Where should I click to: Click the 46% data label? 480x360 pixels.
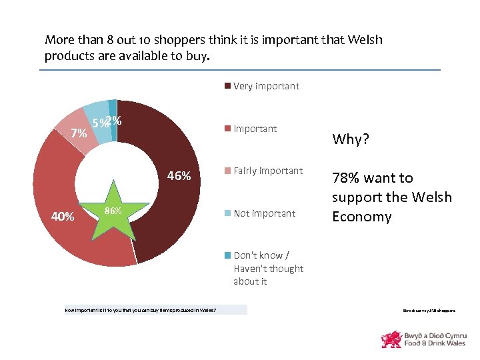coord(179,176)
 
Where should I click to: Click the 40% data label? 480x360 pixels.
coord(63,216)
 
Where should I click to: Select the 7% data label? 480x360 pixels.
coord(79,133)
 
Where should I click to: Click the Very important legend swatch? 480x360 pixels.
coord(227,86)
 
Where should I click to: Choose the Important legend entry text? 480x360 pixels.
coord(255,129)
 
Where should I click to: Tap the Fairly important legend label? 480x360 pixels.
coord(268,171)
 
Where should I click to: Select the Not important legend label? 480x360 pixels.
coord(264,213)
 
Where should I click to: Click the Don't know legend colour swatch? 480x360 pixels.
coord(227,255)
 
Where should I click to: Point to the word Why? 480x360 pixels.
coord(351,139)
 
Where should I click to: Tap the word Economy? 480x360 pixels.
coord(361,217)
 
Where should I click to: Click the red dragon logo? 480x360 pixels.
coord(391,339)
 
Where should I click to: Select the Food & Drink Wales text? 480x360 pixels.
coord(436,343)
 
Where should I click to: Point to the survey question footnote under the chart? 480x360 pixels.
coord(140,309)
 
